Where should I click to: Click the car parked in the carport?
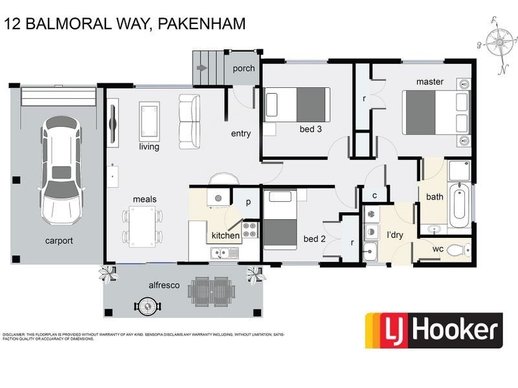pyautogui.click(x=62, y=170)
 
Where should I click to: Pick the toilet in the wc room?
pyautogui.click(x=459, y=250)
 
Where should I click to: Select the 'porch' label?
pyautogui.click(x=243, y=68)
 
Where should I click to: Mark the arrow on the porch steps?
pyautogui.click(x=203, y=67)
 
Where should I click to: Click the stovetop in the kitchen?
pyautogui.click(x=250, y=228)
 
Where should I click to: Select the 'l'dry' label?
pyautogui.click(x=395, y=235)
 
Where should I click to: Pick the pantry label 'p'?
pyautogui.click(x=248, y=202)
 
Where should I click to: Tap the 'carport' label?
pyautogui.click(x=59, y=241)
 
